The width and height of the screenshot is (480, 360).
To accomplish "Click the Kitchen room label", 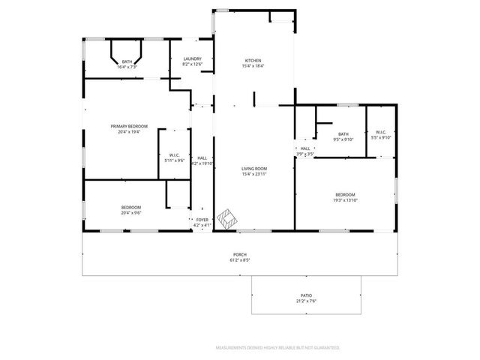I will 253,61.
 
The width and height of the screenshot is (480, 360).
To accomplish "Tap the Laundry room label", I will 192,58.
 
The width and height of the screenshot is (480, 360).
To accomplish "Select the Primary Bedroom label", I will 129,126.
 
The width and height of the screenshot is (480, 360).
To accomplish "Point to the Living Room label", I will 253,169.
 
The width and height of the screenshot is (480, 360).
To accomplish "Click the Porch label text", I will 239,255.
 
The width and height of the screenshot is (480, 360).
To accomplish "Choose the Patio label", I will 307,296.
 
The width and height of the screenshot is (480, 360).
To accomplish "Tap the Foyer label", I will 202,220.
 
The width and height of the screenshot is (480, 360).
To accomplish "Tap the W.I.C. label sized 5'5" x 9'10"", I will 381,134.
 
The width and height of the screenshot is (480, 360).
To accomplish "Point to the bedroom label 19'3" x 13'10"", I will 345,196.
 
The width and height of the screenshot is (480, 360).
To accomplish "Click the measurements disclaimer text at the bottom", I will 277,348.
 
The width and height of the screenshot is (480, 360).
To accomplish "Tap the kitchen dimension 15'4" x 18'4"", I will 253,67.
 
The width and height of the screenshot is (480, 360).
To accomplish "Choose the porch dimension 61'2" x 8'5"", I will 239,261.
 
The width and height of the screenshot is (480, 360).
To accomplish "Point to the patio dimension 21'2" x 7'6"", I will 307,302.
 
